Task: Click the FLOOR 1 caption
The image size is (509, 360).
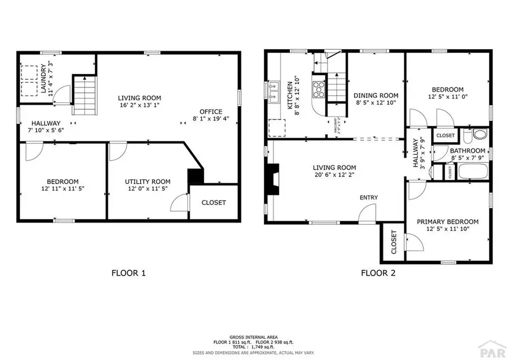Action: coord(129,273)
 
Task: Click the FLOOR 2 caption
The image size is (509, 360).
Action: coord(378,273)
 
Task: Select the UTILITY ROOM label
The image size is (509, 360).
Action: coord(148,182)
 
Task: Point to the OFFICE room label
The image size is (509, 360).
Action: coord(211,112)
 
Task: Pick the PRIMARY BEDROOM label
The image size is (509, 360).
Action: coord(447,222)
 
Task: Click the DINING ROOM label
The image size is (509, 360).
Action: coord(376,96)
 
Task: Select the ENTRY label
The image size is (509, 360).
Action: coord(368,198)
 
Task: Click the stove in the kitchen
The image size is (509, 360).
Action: coord(320,88)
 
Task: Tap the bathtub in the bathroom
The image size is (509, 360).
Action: coord(471,171)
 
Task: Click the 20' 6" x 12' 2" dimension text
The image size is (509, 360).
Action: coord(335,175)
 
